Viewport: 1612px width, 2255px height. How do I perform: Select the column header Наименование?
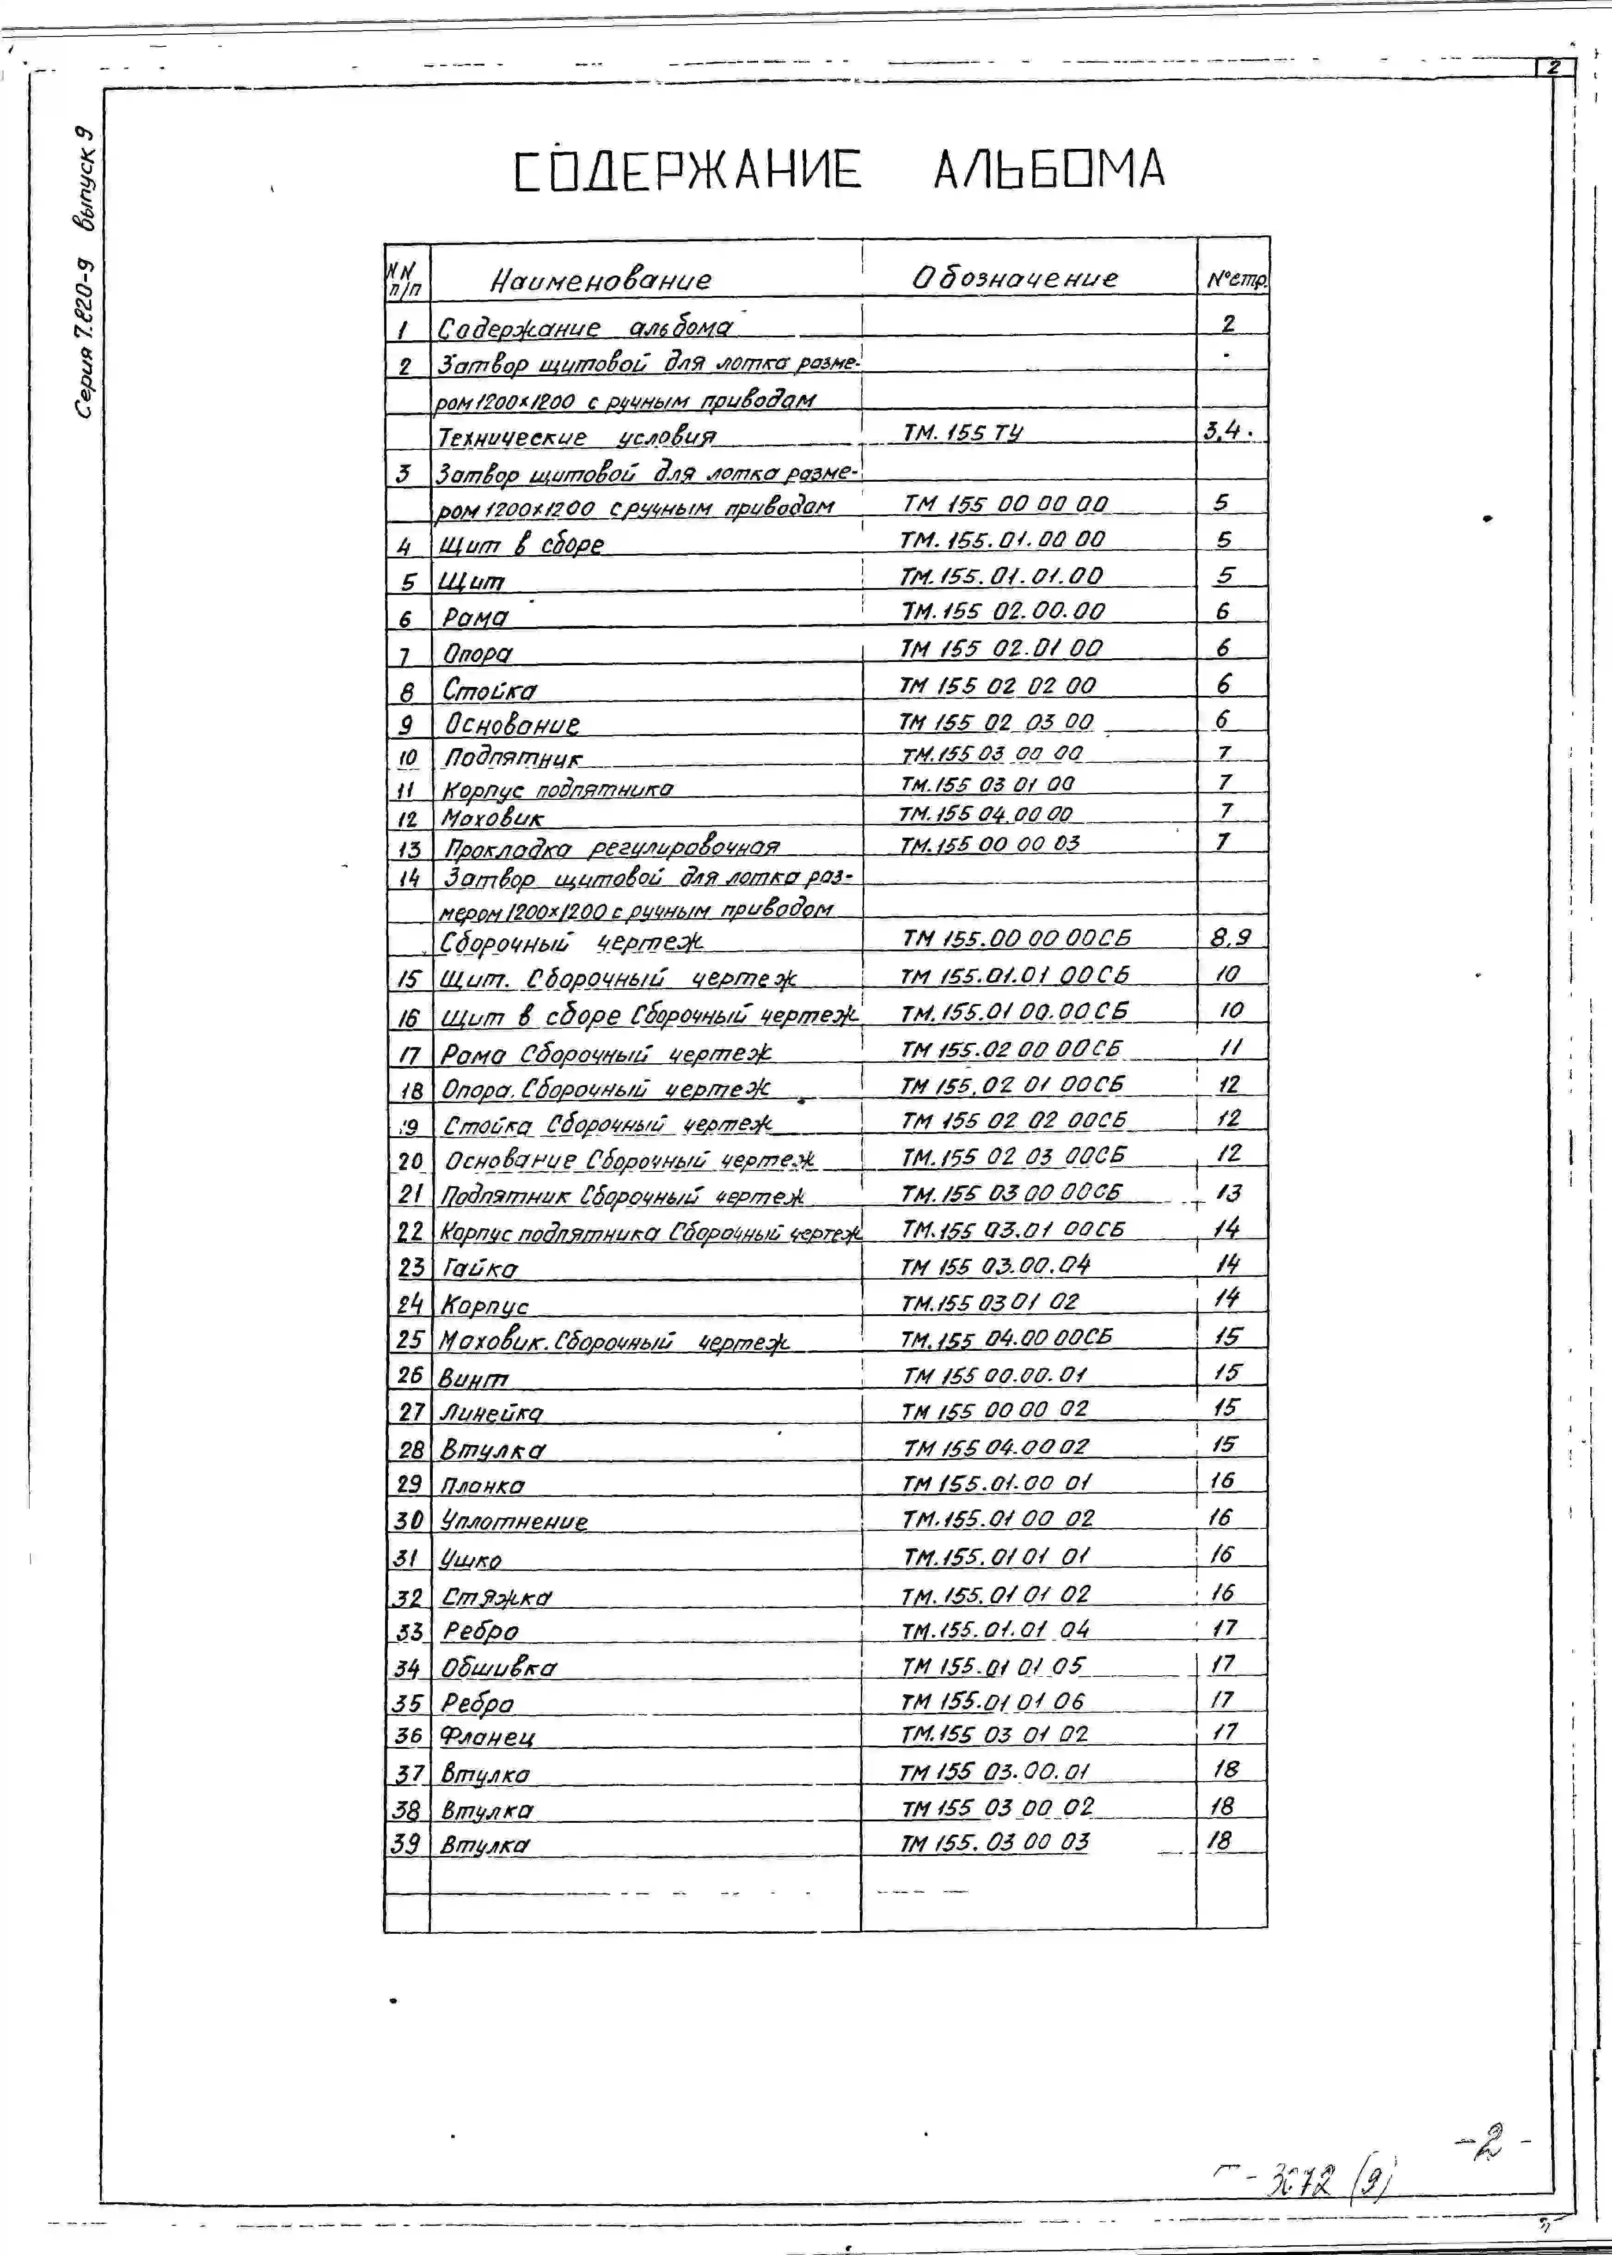pos(601,280)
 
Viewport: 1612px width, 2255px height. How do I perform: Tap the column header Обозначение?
pos(1014,278)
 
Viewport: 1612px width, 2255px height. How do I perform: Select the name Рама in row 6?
pos(474,617)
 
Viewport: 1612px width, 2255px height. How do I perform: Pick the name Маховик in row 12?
pos(492,819)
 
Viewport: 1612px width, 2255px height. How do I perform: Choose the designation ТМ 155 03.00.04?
pos(994,1265)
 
